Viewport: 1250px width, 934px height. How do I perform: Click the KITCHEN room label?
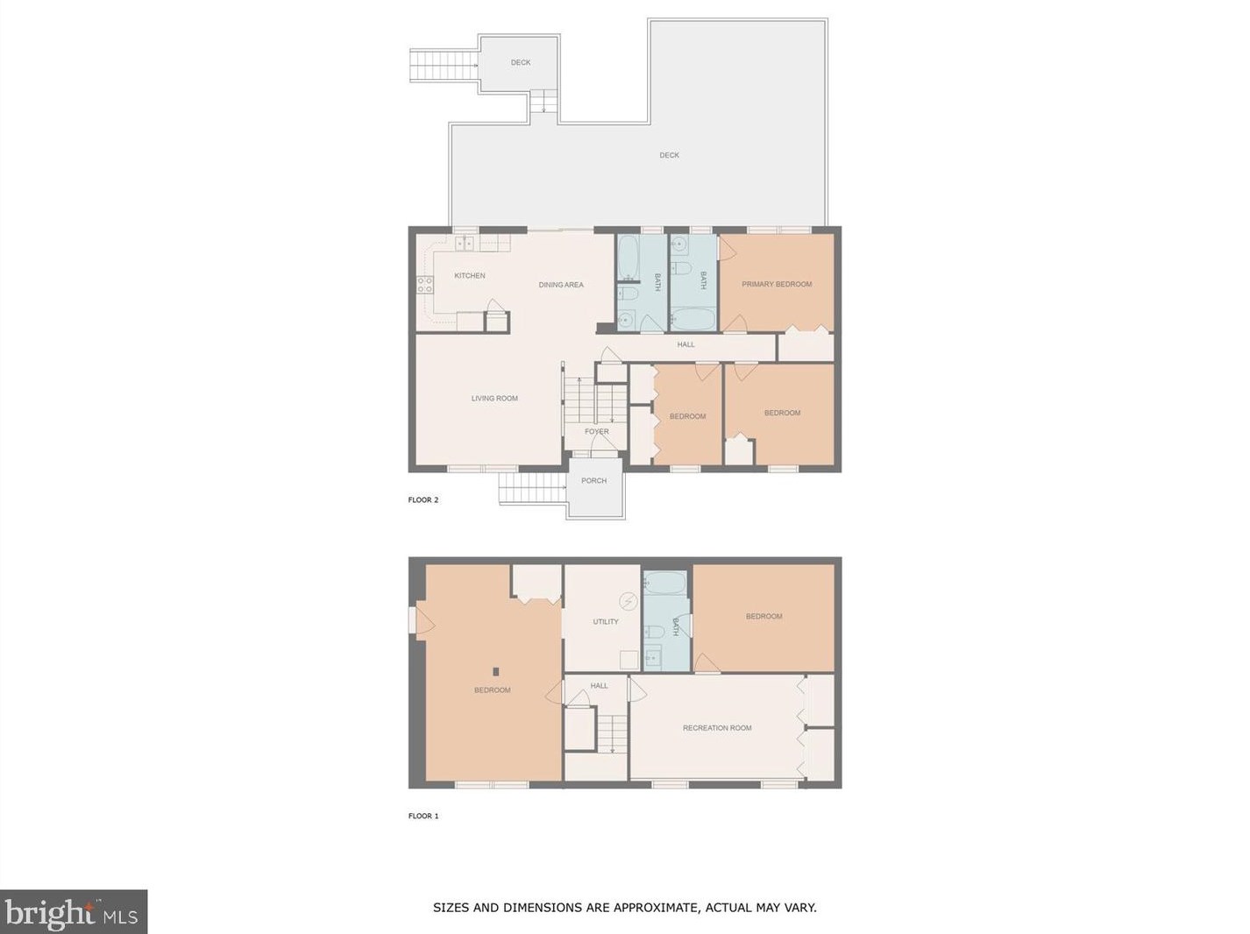tap(469, 276)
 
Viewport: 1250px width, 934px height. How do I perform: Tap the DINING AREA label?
tap(561, 285)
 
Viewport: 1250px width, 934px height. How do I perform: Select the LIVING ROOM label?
tap(494, 399)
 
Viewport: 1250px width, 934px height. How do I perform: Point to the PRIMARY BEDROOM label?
tap(777, 284)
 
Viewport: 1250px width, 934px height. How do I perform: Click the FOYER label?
tap(597, 432)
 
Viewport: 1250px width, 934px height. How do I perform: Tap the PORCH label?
tap(593, 481)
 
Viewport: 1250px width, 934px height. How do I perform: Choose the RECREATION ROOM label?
tap(717, 728)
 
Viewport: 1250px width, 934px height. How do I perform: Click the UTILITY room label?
tap(606, 622)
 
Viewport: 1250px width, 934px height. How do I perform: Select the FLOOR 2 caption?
tap(423, 500)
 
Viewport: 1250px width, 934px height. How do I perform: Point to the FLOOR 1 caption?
tap(423, 817)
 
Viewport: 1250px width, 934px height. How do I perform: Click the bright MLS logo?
tap(74, 913)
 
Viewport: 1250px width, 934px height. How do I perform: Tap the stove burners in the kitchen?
tap(425, 284)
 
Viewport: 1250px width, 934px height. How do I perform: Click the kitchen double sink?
tap(465, 244)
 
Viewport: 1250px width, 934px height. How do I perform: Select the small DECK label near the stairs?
tap(521, 63)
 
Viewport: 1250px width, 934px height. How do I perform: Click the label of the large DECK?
tap(669, 156)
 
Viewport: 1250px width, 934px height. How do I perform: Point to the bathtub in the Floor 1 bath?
tap(667, 584)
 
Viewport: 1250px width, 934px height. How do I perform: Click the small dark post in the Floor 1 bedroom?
tap(496, 672)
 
